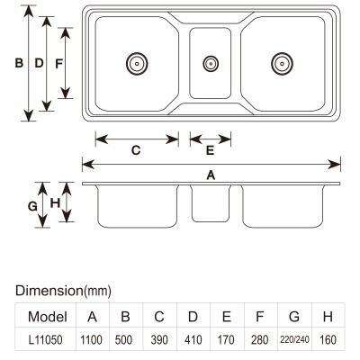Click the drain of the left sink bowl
tap(137, 64)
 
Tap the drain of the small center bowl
tap(211, 64)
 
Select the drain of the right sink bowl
tap(282, 64)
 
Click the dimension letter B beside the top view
tap(19, 63)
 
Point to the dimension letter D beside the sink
tap(39, 63)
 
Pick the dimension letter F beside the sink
tap(58, 64)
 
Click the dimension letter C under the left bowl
tap(136, 150)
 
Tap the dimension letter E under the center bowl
tap(210, 150)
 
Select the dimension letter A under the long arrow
tap(211, 175)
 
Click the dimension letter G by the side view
tap(32, 206)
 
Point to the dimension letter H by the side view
tap(55, 203)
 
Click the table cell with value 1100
tap(92, 339)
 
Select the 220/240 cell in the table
tap(294, 339)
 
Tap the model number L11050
tap(46, 340)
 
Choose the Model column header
tap(48, 317)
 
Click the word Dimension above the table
tap(49, 291)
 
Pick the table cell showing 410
tap(193, 339)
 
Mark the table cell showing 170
tap(226, 339)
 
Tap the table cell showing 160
tap(328, 339)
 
